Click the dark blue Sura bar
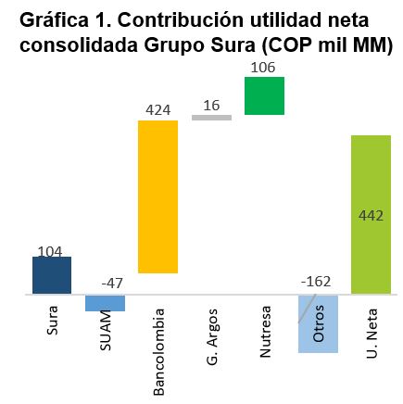click(52, 275)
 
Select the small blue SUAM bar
click(105, 303)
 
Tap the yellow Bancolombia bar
click(158, 196)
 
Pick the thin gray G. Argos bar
click(211, 118)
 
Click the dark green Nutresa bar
click(264, 95)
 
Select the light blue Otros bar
click(318, 323)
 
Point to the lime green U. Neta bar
click(372, 215)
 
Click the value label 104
click(50, 252)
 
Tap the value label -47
click(112, 284)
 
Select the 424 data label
click(158, 110)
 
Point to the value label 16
click(211, 106)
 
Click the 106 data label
click(263, 68)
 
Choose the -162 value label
click(316, 282)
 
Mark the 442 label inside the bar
click(371, 216)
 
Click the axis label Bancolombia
click(159, 352)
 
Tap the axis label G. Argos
click(212, 337)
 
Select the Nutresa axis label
click(265, 332)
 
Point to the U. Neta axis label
click(372, 334)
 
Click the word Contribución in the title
click(180, 20)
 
